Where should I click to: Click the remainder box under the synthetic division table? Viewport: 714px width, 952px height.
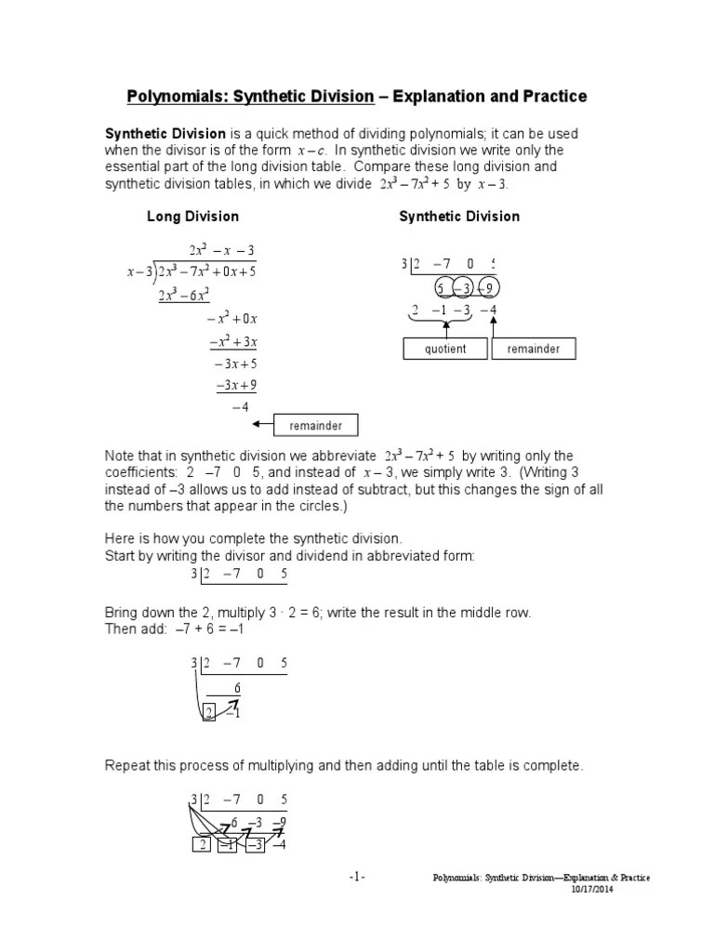[x=534, y=350]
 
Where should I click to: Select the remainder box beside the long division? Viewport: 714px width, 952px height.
[x=316, y=426]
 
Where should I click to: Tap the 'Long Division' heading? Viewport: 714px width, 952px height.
[x=192, y=217]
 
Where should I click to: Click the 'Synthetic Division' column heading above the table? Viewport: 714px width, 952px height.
[x=459, y=217]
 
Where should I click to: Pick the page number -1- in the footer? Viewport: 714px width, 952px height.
[x=358, y=877]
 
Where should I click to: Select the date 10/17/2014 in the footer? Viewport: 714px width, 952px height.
[x=591, y=889]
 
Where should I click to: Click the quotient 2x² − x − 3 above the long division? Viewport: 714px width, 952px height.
[x=221, y=251]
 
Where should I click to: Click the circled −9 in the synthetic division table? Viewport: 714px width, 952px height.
[x=489, y=286]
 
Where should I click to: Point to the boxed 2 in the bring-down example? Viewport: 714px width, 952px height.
[x=209, y=713]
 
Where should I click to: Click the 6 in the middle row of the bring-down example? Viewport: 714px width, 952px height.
[x=237, y=688]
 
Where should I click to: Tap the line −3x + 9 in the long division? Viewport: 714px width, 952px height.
[x=236, y=385]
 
